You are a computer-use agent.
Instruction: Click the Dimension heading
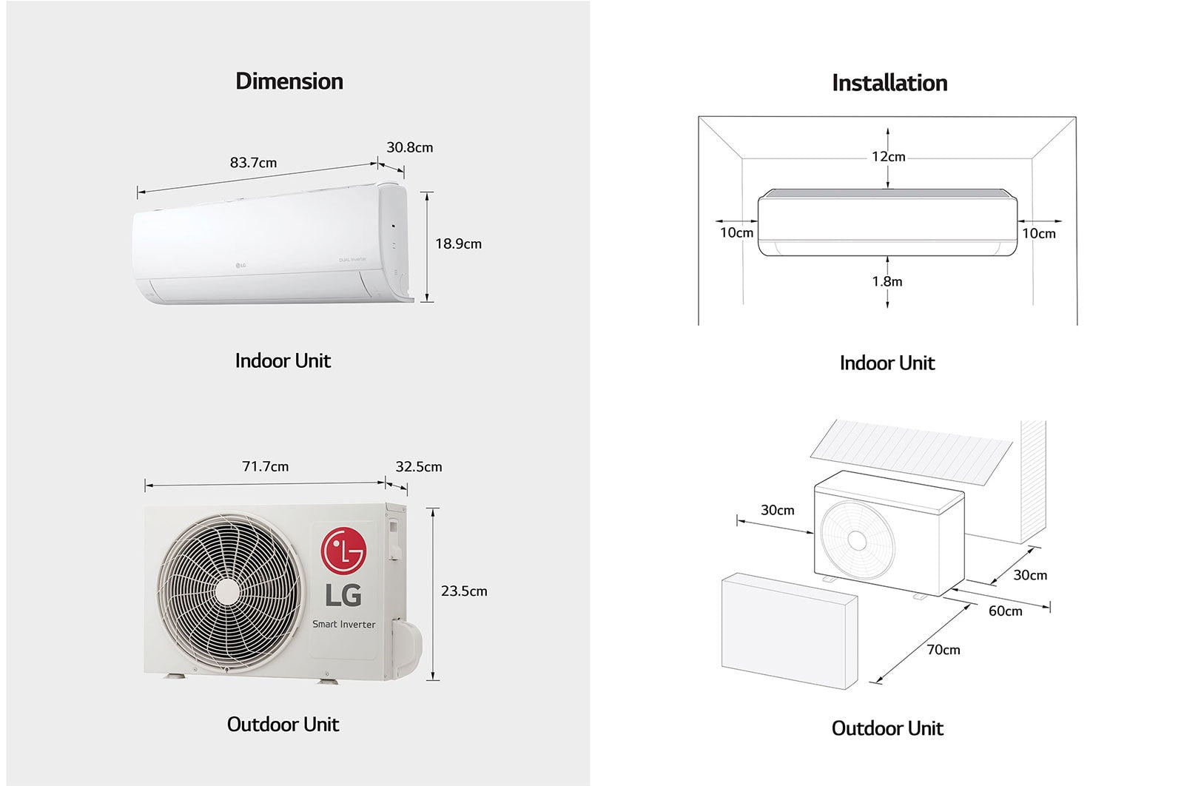[289, 81]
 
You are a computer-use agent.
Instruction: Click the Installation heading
[889, 83]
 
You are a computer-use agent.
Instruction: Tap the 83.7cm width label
[253, 163]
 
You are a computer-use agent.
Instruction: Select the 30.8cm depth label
[409, 147]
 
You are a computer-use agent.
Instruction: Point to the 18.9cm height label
[458, 243]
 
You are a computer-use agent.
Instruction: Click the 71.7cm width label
[265, 466]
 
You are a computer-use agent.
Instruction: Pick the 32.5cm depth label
[418, 467]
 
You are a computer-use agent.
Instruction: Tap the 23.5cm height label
[464, 591]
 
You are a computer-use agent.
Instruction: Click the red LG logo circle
[343, 551]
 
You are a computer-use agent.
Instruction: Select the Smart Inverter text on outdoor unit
[343, 624]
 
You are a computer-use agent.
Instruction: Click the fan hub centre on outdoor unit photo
[228, 591]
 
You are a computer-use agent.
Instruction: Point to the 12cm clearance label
[888, 157]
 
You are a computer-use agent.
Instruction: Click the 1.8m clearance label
[887, 281]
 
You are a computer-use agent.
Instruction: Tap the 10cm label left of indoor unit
[736, 233]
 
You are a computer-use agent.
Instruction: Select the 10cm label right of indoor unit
[1038, 234]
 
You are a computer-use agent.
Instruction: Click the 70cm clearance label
[943, 650]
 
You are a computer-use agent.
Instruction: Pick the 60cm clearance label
[1005, 611]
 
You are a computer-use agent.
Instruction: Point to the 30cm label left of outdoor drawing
[777, 510]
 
